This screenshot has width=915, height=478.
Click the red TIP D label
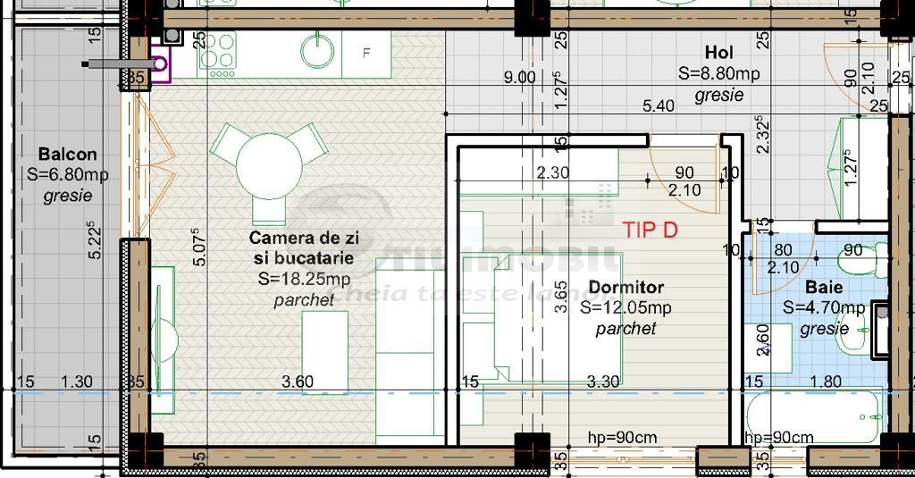coord(650,230)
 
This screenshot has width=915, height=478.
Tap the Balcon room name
coord(68,155)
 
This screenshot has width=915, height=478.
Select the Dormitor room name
coord(625,288)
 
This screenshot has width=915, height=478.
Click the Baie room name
coord(824,288)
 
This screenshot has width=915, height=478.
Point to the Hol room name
coord(718,54)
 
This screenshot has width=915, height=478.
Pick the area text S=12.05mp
coord(625,308)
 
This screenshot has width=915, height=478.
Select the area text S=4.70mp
coord(824,308)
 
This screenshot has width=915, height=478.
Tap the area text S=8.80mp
coord(718,74)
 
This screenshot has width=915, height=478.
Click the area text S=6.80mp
coord(68,175)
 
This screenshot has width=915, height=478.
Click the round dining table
coord(269,165)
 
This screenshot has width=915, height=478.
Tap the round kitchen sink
coord(317,52)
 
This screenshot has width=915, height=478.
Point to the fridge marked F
coord(366,53)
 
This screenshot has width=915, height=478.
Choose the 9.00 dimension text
coord(519,78)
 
